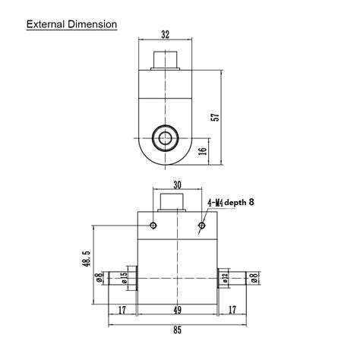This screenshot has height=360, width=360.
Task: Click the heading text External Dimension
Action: tap(71, 24)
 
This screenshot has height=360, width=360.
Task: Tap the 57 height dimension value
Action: tap(214, 118)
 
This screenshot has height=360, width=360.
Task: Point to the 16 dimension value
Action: tap(202, 151)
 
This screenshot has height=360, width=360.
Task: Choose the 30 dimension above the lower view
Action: tap(177, 185)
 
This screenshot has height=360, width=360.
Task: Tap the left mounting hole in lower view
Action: tap(153, 226)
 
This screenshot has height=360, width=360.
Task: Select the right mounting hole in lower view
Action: tap(202, 226)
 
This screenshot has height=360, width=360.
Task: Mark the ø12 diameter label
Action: tap(226, 278)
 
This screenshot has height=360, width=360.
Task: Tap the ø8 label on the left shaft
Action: tap(99, 278)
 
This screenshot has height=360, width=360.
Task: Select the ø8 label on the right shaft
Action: tap(254, 278)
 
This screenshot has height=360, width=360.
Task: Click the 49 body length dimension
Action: tap(177, 310)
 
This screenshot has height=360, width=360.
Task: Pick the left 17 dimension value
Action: tap(123, 310)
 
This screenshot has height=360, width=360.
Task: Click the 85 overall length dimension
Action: tap(177, 330)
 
